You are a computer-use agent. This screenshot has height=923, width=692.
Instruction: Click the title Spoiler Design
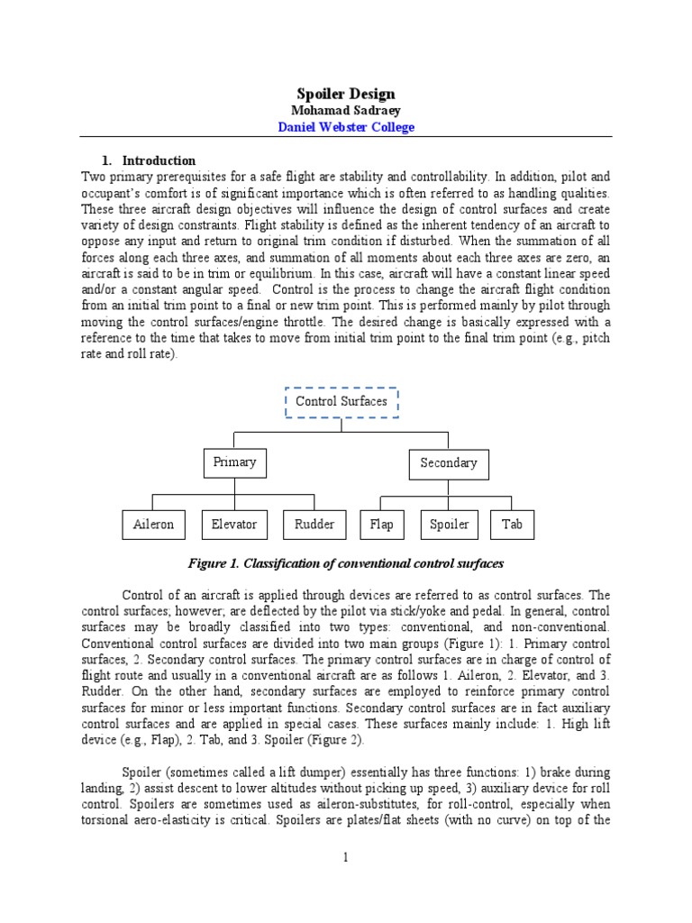pos(346,94)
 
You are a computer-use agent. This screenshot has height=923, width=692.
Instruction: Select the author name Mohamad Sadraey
pos(346,110)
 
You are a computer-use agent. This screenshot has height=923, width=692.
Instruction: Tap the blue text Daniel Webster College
pos(346,127)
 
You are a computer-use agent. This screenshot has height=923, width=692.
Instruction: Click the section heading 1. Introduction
pos(150,160)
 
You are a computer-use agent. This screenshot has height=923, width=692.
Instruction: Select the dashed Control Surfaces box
pos(341,402)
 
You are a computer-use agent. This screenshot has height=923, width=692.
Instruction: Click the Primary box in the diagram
pos(234,461)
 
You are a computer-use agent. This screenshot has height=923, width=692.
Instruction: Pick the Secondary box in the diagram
pos(448,462)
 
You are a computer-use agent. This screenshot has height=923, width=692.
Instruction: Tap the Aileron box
pos(153,524)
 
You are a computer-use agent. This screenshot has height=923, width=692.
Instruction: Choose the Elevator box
pos(234,524)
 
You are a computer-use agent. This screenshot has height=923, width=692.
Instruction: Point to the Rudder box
pos(314,524)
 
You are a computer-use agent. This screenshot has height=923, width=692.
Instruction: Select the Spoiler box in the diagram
pos(449,524)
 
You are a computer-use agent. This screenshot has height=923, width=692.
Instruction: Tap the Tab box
pos(512,524)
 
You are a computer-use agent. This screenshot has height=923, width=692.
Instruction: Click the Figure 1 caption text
pos(345,563)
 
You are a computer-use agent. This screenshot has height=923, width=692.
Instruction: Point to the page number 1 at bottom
pos(345,857)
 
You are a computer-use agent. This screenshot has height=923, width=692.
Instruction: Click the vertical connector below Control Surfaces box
pos(341,425)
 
